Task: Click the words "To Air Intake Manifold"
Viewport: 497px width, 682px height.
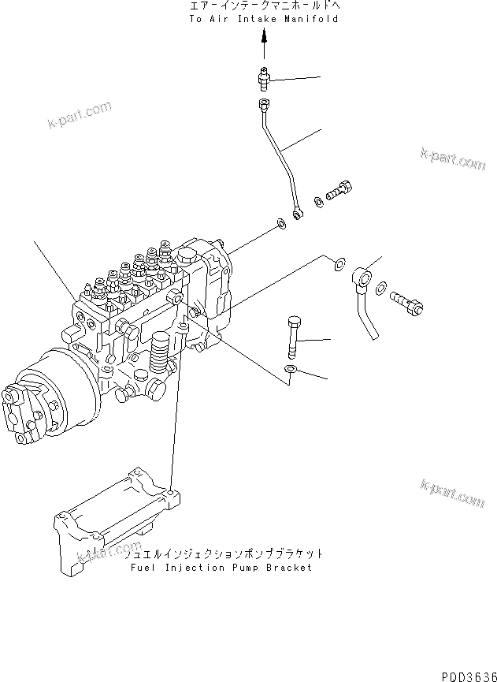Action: click(264, 19)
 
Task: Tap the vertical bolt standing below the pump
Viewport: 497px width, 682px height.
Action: click(293, 337)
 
